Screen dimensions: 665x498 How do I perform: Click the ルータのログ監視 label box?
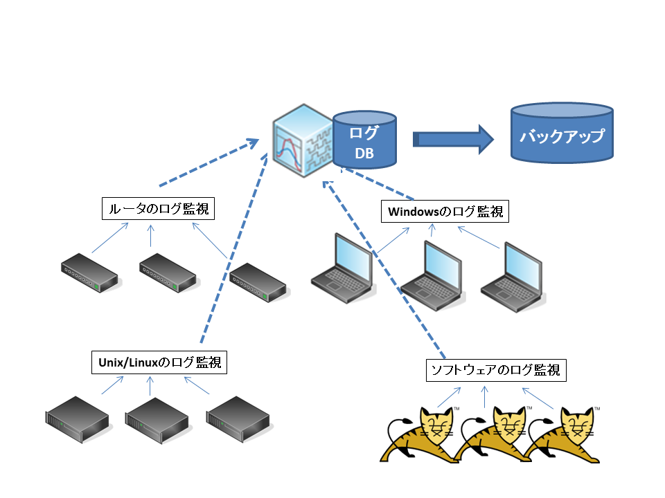point(158,208)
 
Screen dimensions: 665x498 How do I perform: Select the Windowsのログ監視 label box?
point(445,212)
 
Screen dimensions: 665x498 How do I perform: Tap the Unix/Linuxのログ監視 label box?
point(159,362)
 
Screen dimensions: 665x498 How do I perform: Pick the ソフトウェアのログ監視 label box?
point(496,370)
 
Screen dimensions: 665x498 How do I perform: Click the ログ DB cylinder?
point(364,140)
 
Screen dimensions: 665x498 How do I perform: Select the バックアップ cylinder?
point(562,133)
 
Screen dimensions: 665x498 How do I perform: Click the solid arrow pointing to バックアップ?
point(453,139)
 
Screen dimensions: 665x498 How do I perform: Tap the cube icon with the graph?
point(303,140)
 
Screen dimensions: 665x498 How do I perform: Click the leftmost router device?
point(90,273)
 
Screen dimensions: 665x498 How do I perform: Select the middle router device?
point(168,273)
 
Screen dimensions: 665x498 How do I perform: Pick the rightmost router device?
point(258,282)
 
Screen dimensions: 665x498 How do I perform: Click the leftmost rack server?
point(77,419)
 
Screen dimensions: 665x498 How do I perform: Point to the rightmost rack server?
point(238,419)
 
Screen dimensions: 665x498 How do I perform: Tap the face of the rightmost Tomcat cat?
point(577,424)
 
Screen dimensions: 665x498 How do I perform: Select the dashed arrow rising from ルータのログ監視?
point(209,162)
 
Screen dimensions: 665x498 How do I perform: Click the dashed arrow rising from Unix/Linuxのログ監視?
point(234,248)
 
